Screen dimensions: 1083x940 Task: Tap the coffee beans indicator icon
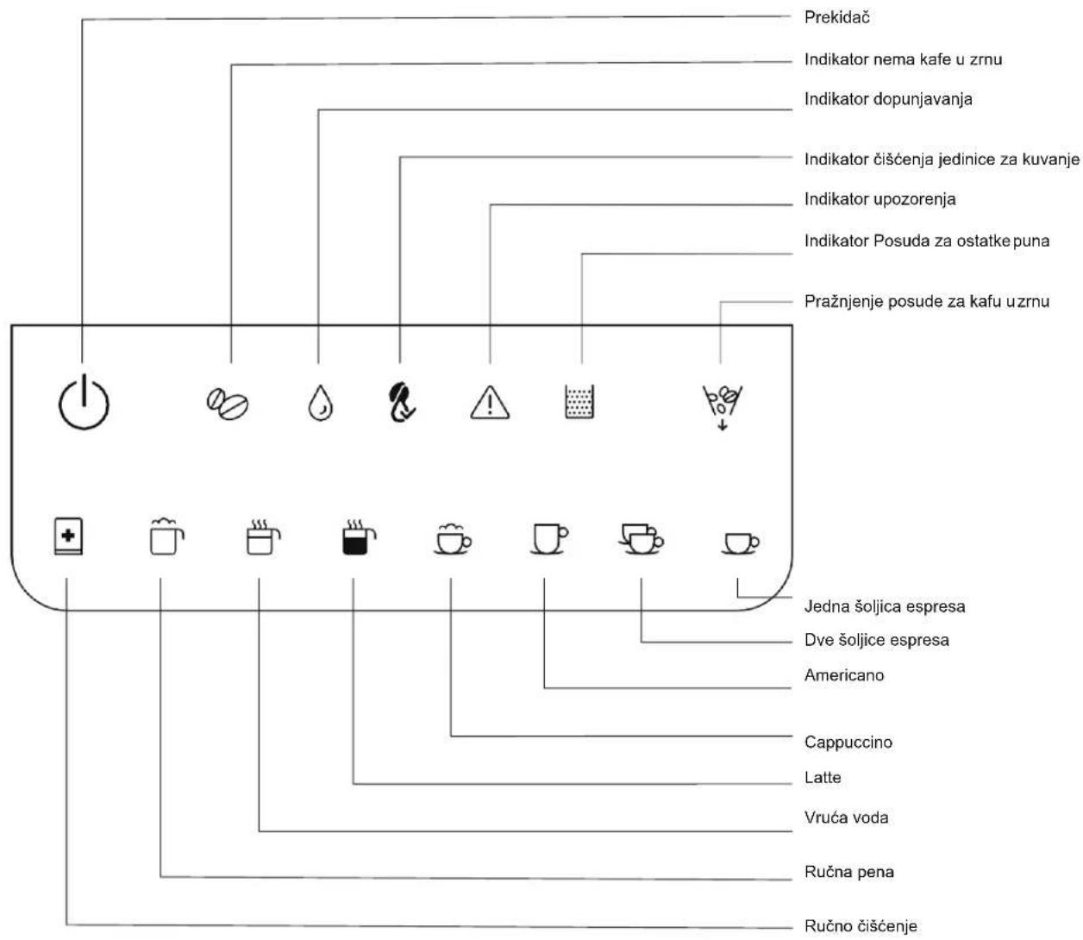[227, 404]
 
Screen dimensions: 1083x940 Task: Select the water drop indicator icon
[320, 404]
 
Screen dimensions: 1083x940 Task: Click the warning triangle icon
[490, 403]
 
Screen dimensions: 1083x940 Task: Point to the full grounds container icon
[579, 402]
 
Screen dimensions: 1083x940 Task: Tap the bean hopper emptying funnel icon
[722, 406]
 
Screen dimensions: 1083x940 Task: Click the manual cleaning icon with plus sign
[68, 536]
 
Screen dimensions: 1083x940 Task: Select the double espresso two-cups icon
[641, 539]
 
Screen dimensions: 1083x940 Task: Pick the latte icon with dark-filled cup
[359, 537]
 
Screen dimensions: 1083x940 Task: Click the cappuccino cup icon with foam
[452, 539]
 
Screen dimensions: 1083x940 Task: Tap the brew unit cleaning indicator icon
[402, 402]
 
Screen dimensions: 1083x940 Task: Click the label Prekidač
[836, 17]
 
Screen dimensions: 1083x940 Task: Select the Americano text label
[844, 675]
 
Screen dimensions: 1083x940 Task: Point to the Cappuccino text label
[848, 742]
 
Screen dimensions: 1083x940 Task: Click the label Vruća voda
[846, 818]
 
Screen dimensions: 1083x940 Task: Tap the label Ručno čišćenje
[861, 926]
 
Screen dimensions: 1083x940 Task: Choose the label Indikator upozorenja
[880, 199]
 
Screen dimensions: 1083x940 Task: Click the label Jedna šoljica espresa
[885, 606]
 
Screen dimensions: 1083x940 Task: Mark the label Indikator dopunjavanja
[888, 99]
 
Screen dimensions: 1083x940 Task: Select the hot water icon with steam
[263, 537]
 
